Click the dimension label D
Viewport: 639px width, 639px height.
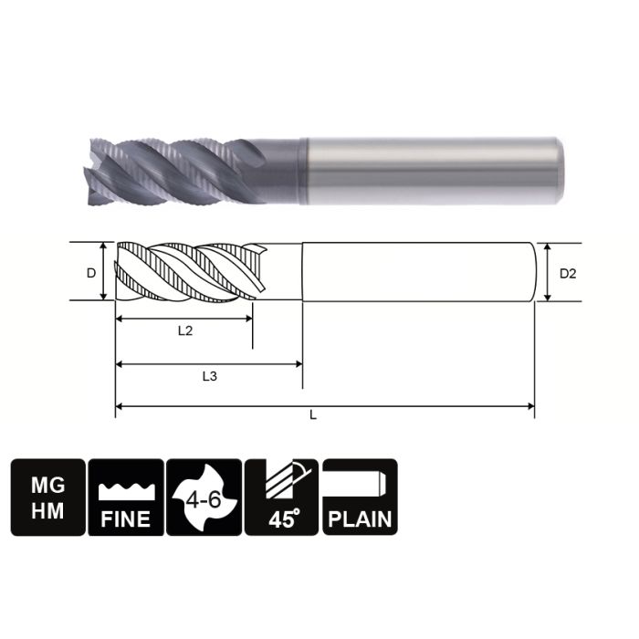tap(90, 273)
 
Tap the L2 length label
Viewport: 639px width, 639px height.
tap(184, 331)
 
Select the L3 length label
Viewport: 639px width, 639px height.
tap(209, 375)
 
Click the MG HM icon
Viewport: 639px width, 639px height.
tap(47, 497)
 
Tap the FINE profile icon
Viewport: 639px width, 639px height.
tap(125, 497)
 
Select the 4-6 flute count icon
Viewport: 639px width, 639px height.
tap(204, 497)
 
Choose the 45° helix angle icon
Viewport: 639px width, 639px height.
tap(282, 497)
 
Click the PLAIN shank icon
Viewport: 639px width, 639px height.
tap(360, 497)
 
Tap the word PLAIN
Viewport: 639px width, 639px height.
tap(360, 519)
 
